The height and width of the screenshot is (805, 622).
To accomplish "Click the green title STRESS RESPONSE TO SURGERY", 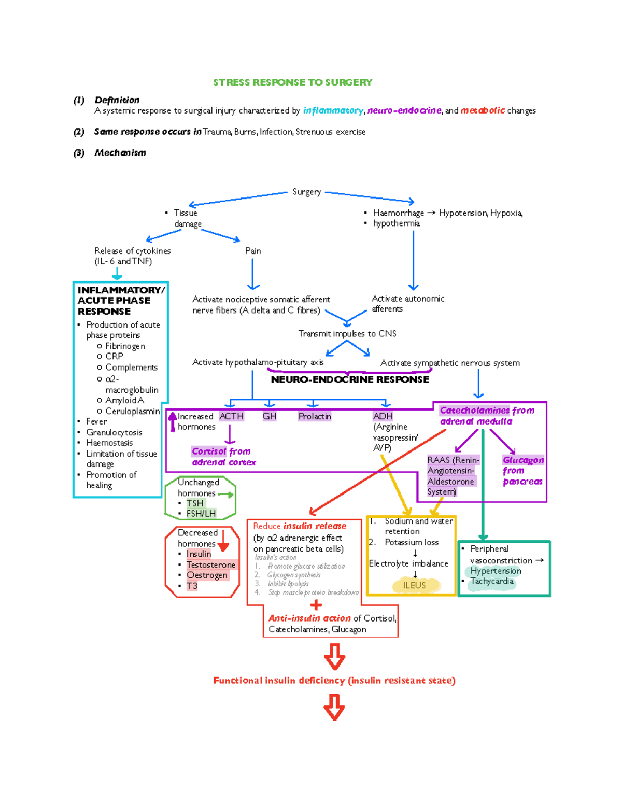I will [x=292, y=82].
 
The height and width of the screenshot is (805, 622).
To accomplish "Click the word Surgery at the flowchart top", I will [x=306, y=192].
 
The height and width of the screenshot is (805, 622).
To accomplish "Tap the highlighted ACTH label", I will [x=231, y=416].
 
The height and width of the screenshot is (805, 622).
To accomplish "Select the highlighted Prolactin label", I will [x=314, y=416].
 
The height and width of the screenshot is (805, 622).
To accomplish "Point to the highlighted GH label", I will [x=270, y=416].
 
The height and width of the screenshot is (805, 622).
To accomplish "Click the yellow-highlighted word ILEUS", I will [x=414, y=585].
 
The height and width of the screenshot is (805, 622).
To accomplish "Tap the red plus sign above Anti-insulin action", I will [x=316, y=605].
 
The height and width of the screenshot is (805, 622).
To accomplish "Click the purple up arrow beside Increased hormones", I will [x=173, y=421].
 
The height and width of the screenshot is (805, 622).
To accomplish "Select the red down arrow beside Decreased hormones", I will [x=223, y=540].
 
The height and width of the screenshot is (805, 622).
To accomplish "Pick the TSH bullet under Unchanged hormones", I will [x=195, y=503].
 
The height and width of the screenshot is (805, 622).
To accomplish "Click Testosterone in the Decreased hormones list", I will [x=210, y=565].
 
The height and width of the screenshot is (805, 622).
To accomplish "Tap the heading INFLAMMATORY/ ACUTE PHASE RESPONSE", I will [x=120, y=301].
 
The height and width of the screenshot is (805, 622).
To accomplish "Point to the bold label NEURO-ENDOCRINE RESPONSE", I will [x=350, y=379].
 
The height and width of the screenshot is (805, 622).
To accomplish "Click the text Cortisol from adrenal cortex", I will [x=223, y=457].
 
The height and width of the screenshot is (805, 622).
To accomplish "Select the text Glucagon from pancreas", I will [x=522, y=471].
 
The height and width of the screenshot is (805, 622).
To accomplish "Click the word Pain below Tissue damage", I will [x=253, y=251].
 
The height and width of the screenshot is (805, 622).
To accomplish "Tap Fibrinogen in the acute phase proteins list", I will [x=125, y=346].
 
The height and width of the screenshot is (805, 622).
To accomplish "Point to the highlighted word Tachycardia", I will [x=491, y=582].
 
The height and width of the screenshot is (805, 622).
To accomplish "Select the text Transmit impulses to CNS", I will [x=347, y=334].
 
